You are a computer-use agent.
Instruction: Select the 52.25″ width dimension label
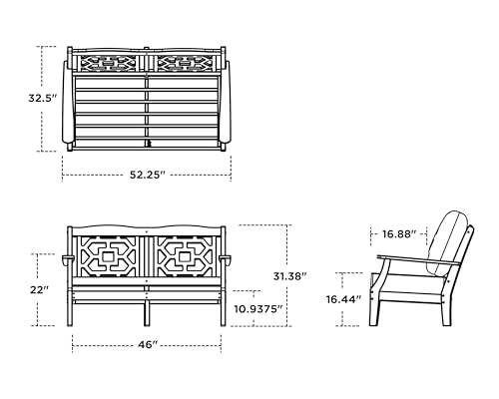(x=148, y=175)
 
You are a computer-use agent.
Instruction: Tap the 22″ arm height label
(x=40, y=289)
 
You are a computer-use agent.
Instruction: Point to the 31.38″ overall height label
(x=289, y=276)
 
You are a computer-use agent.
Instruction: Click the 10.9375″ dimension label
(x=258, y=309)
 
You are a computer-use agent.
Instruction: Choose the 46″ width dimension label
(x=148, y=345)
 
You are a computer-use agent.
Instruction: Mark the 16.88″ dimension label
(x=399, y=234)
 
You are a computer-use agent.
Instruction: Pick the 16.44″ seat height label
(x=343, y=299)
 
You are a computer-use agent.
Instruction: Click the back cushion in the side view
(x=449, y=242)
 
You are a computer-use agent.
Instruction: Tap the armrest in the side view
(x=418, y=259)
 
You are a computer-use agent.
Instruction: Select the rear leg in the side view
(x=447, y=311)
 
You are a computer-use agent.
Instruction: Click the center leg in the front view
(x=147, y=314)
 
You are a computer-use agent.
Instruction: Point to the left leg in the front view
(x=70, y=308)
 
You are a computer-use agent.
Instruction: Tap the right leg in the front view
(x=224, y=308)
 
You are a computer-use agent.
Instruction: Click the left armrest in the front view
(x=68, y=259)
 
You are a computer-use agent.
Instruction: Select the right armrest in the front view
(x=226, y=259)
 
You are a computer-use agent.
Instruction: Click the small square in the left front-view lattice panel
(x=108, y=256)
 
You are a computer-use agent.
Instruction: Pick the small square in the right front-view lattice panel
(x=186, y=256)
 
